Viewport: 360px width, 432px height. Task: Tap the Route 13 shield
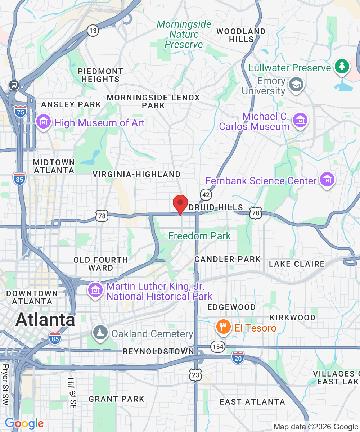(93, 31)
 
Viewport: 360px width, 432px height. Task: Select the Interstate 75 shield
(20, 111)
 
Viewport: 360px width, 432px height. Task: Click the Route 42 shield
(206, 195)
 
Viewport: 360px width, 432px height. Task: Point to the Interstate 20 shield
(238, 358)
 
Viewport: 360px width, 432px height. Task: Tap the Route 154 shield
(218, 347)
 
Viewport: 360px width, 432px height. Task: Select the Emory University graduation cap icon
(297, 85)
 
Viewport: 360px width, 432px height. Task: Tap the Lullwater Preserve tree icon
(342, 66)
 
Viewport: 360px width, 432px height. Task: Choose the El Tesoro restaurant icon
(224, 327)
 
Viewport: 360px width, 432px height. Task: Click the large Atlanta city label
(45, 320)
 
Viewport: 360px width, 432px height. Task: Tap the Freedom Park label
(199, 236)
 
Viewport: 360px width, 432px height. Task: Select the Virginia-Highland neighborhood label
(136, 174)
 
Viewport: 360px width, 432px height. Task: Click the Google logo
(24, 423)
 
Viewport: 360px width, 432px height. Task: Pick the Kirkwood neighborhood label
(292, 318)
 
